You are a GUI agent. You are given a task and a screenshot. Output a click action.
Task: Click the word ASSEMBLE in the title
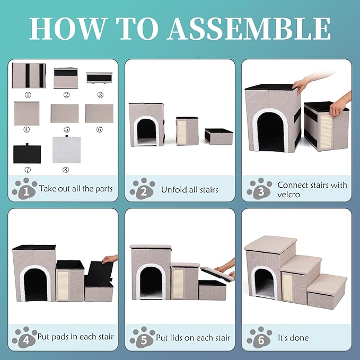pyautogui.click(x=250, y=29)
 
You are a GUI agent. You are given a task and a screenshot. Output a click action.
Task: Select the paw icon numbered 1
pyautogui.click(x=25, y=188)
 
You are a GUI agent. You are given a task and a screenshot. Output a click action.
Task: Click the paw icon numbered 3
pyautogui.click(x=259, y=188)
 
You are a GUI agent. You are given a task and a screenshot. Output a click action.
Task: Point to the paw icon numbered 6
pyautogui.click(x=259, y=337)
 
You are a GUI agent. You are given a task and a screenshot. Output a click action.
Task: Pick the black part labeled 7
pyautogui.click(x=27, y=153)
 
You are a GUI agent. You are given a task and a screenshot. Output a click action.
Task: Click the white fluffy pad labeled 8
pyautogui.click(x=67, y=149)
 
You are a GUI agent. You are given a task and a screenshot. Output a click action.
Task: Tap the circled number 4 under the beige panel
pyautogui.click(x=27, y=129)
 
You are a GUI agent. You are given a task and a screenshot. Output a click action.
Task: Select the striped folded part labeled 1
pyautogui.click(x=29, y=75)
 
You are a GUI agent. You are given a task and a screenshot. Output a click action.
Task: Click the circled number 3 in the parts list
pyautogui.click(x=100, y=94)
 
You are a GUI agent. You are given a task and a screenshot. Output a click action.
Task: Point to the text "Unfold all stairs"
pyautogui.click(x=189, y=190)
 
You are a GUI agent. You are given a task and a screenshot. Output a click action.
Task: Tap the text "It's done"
pyautogui.click(x=293, y=338)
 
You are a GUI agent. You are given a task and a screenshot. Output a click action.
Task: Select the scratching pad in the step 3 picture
pyautogui.click(x=326, y=131)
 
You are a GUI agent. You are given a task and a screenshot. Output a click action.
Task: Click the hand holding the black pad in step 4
pyautogui.click(x=110, y=259)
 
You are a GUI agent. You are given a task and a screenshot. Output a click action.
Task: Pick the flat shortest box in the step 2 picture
pyautogui.click(x=218, y=137)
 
